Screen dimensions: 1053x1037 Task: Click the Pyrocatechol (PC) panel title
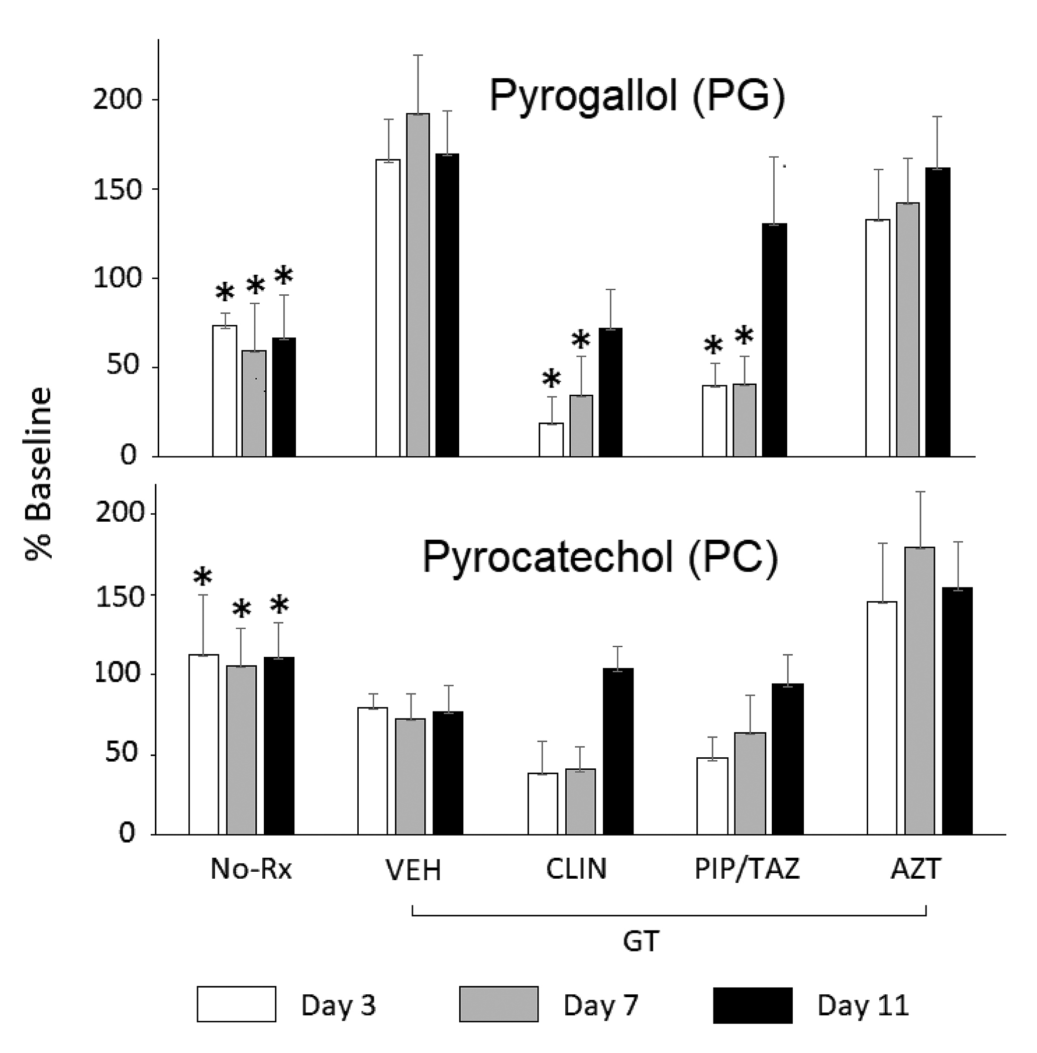click(x=600, y=557)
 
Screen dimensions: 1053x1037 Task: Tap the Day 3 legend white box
click(x=236, y=1004)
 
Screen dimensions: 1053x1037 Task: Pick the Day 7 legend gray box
click(x=498, y=1004)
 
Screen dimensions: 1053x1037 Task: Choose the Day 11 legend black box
click(x=753, y=1005)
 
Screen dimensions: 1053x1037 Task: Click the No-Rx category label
click(x=251, y=870)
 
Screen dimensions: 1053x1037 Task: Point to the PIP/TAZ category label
click(x=747, y=870)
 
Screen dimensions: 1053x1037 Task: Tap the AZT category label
click(x=915, y=870)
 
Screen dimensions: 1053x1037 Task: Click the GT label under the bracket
click(x=641, y=941)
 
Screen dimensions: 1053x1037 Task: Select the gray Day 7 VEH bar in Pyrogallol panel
click(x=418, y=285)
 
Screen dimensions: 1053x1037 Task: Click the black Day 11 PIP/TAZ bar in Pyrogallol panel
click(x=774, y=340)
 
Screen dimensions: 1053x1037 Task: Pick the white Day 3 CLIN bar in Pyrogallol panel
click(x=551, y=439)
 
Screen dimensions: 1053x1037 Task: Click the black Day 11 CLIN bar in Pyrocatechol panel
click(x=618, y=751)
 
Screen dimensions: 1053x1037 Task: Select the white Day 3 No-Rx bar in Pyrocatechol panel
click(x=203, y=744)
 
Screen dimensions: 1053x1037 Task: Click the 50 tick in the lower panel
click(x=121, y=754)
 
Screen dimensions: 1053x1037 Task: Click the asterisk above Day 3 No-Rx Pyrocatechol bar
click(x=202, y=576)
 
